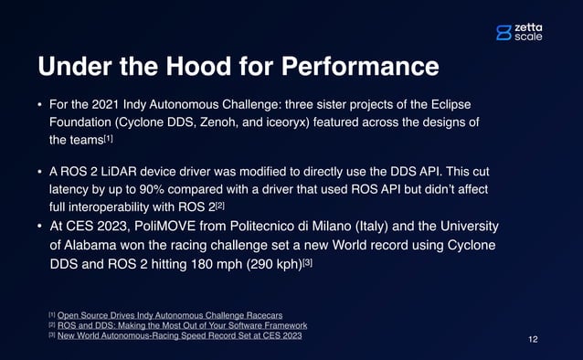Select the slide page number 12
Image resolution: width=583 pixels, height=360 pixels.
click(534, 339)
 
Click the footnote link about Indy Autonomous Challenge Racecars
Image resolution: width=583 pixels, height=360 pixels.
click(170, 315)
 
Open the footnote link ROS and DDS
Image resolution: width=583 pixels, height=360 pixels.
click(182, 325)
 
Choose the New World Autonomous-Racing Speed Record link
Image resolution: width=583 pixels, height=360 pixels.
click(179, 335)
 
